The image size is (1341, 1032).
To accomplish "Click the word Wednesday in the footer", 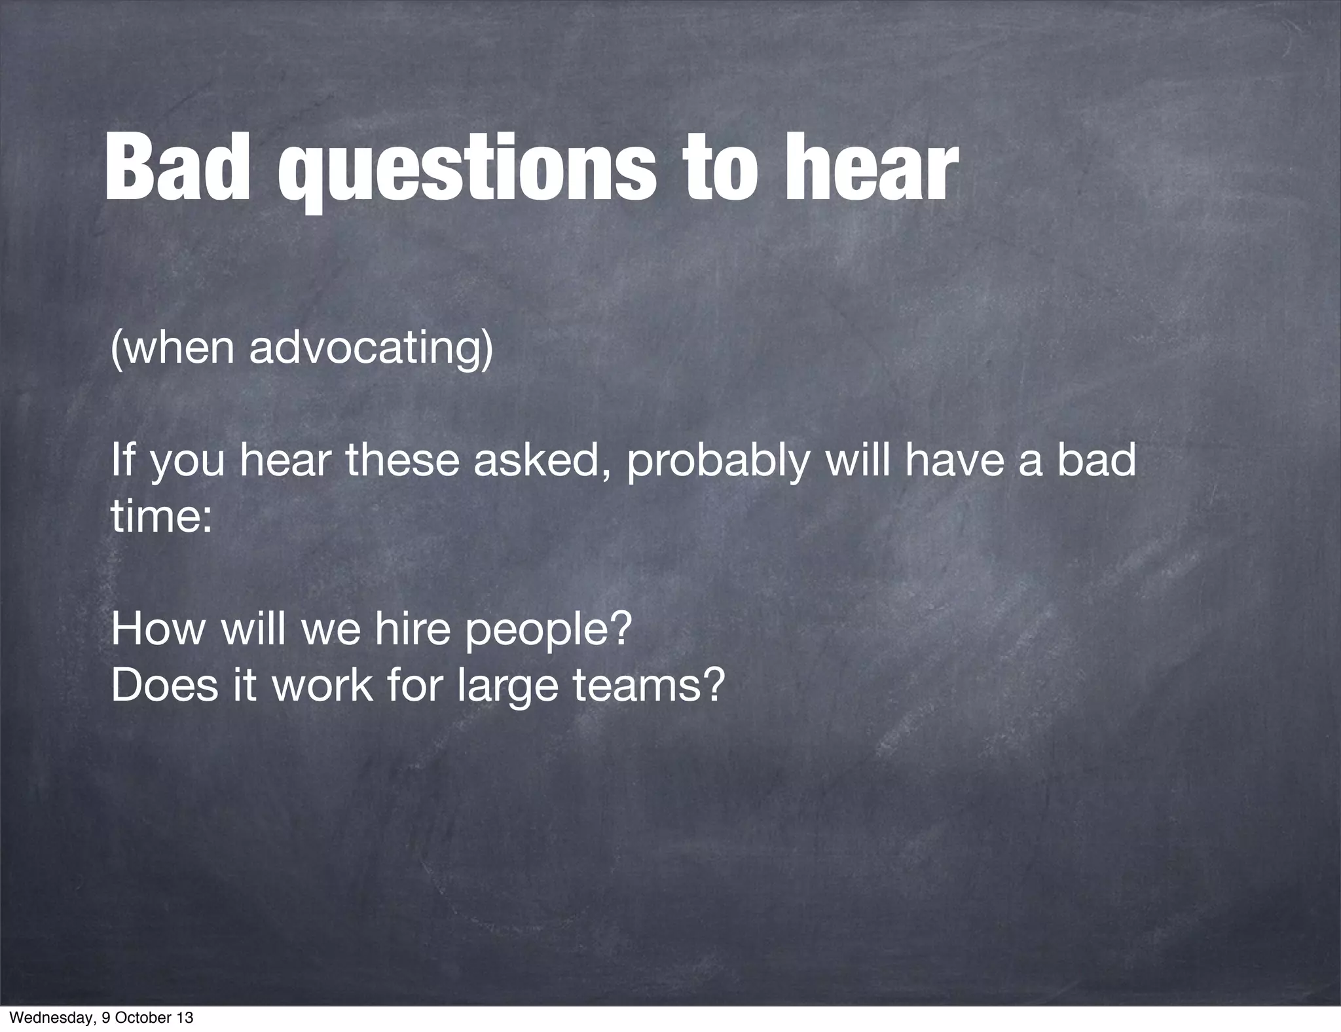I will click(44, 1018).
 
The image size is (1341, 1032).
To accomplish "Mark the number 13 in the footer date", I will click(186, 1018).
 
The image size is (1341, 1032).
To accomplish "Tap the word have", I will click(956, 460).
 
